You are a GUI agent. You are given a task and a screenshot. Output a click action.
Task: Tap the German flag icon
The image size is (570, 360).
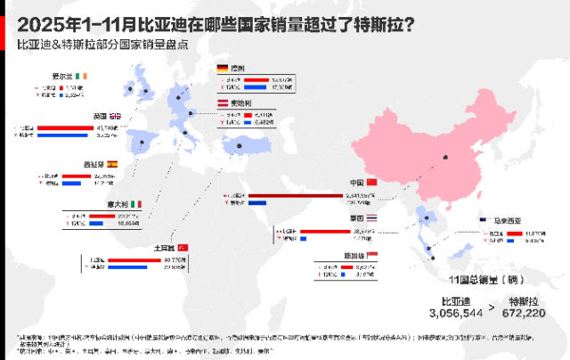(223, 68)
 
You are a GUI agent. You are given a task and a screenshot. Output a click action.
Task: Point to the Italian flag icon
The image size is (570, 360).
(136, 204)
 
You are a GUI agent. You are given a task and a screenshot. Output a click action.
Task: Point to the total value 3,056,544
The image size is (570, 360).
(455, 314)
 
